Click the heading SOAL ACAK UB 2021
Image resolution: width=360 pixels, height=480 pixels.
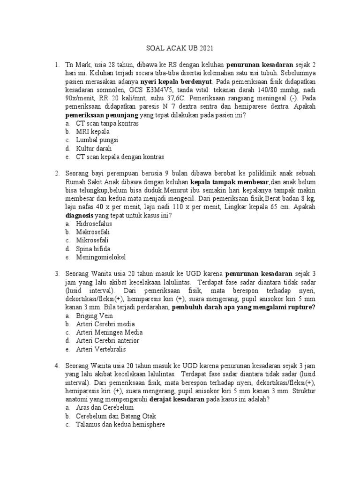pos(180,48)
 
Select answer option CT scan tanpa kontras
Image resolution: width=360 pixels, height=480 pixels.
pos(107,123)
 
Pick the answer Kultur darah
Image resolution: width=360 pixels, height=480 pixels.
pos(94,149)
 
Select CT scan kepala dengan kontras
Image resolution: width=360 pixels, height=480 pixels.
pos(120,157)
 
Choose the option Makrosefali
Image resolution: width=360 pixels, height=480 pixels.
pos(94,232)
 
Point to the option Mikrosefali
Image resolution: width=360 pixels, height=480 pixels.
pos(92,240)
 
